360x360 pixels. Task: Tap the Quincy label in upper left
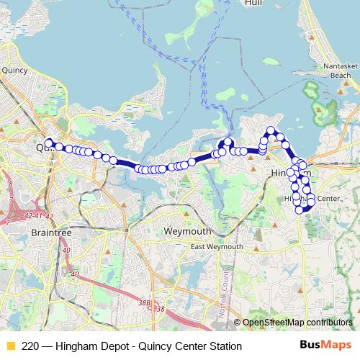tap(14, 71)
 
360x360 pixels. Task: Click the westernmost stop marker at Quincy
tap(48, 142)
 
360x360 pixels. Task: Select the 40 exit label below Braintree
tap(66, 250)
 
